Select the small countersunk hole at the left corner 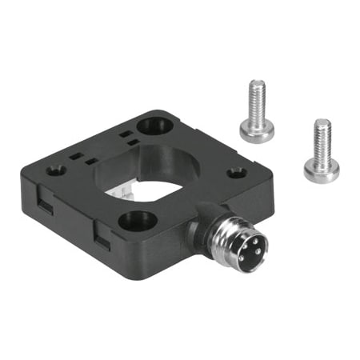(55, 170)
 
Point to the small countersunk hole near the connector (236, 172)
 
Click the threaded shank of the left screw (256, 102)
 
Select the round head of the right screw (321, 170)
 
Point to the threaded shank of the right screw (322, 140)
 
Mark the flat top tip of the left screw (256, 82)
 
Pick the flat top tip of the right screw (322, 122)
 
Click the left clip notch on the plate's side (45, 210)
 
